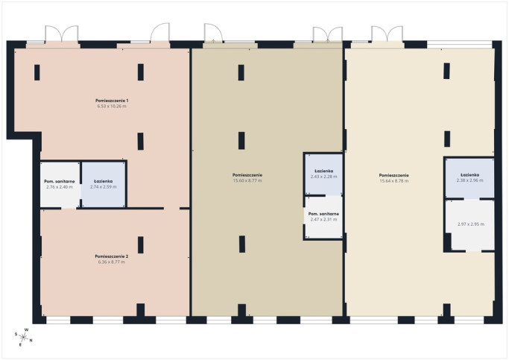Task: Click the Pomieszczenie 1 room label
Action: pyautogui.click(x=112, y=101)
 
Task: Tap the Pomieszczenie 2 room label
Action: pyautogui.click(x=111, y=256)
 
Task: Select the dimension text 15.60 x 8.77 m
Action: pyautogui.click(x=247, y=180)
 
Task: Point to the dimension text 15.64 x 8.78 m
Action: pyautogui.click(x=394, y=181)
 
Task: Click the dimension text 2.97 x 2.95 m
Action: pyautogui.click(x=471, y=224)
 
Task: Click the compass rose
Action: pyautogui.click(x=23, y=337)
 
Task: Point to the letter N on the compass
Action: pyautogui.click(x=31, y=341)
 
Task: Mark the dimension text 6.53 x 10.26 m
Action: pyautogui.click(x=112, y=106)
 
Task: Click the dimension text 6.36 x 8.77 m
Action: pyautogui.click(x=111, y=262)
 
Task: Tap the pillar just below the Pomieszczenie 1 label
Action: pyautogui.click(x=141, y=141)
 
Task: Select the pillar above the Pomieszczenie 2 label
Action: pyautogui.click(x=141, y=244)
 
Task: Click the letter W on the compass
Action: pyautogui.click(x=27, y=329)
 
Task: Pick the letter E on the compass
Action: pyautogui.click(x=20, y=345)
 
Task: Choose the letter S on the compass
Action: pyautogui.click(x=16, y=334)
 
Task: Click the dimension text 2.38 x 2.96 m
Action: pyautogui.click(x=470, y=180)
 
